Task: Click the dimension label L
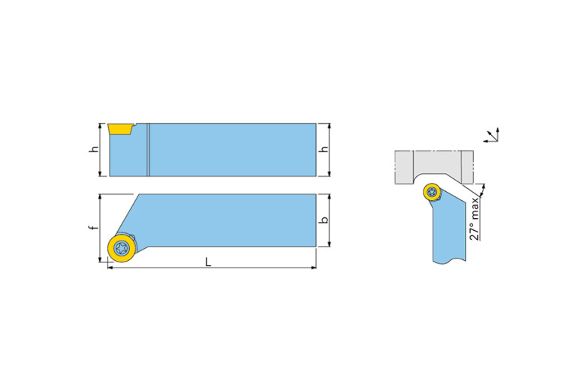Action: click(x=208, y=262)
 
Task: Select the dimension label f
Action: click(x=94, y=227)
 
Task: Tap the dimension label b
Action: click(x=324, y=220)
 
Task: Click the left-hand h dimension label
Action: click(x=95, y=149)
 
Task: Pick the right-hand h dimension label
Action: click(x=324, y=149)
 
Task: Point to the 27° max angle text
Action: click(x=475, y=219)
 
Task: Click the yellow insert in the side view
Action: click(x=120, y=130)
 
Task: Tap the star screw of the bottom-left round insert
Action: click(x=122, y=249)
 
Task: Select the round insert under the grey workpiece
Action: click(x=432, y=192)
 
